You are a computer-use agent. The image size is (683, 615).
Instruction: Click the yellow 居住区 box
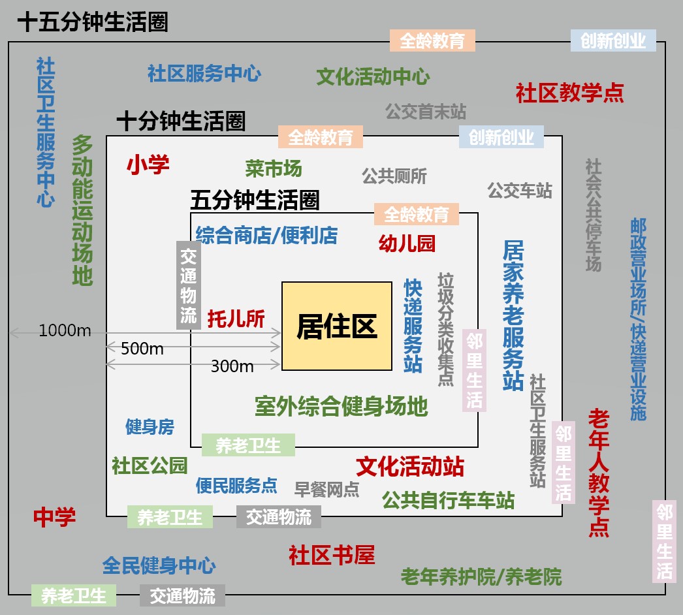(x=337, y=326)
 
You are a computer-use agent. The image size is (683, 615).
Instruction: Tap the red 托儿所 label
(x=236, y=319)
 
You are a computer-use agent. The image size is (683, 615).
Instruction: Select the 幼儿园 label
(x=407, y=244)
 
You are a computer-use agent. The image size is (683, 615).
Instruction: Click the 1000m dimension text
(x=65, y=330)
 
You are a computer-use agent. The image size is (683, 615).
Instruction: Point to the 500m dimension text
(x=142, y=349)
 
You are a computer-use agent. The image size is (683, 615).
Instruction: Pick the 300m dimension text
(x=232, y=366)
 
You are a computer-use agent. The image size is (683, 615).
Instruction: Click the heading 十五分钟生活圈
(x=93, y=22)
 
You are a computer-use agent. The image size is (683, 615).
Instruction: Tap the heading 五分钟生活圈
(x=255, y=200)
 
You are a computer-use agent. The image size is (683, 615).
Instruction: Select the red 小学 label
(x=148, y=165)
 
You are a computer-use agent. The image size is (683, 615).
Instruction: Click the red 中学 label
(x=55, y=517)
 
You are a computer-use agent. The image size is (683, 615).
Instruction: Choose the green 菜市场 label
(x=274, y=168)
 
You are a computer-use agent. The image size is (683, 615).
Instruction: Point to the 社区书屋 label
(x=332, y=555)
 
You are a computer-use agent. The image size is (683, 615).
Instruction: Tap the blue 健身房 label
(x=150, y=427)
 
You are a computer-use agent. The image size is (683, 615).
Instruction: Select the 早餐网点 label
(x=326, y=489)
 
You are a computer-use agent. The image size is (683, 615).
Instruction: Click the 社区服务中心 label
(x=204, y=73)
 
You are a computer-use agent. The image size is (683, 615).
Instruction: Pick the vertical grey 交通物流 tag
(x=188, y=285)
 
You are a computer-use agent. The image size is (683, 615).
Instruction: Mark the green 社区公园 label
(x=150, y=466)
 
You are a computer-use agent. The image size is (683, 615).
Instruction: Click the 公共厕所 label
(x=394, y=176)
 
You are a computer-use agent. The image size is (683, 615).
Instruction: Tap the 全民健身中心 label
(x=159, y=565)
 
